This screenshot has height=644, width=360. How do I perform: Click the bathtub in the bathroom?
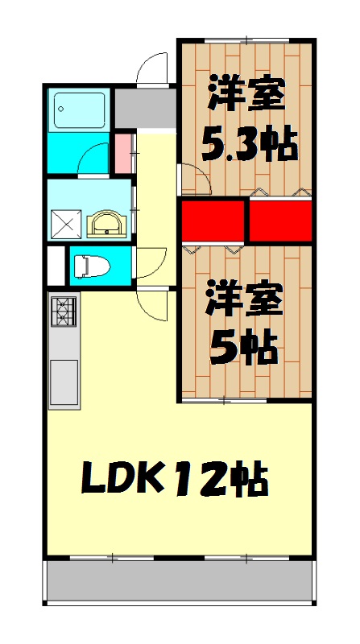pos(79,111)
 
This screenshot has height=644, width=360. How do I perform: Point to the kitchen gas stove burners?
pos(64,312)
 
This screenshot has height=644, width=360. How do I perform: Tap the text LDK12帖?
pos(174,481)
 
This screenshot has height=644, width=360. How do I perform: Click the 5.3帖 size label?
pos(248,146)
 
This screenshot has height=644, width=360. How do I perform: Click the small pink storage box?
pos(122,154)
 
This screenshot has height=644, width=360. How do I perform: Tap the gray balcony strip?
pos(178,580)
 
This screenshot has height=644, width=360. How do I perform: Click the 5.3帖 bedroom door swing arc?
pos(193,177)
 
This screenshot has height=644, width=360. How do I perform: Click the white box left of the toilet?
pos(55,264)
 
